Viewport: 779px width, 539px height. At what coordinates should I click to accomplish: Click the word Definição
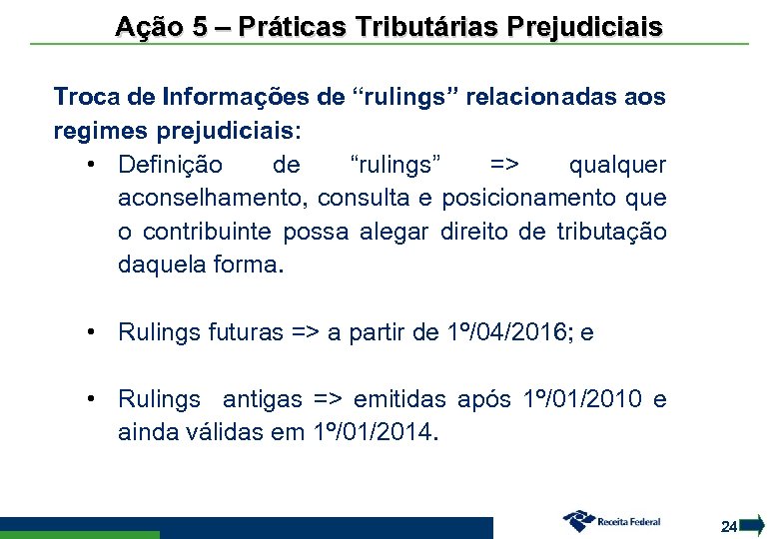point(171,164)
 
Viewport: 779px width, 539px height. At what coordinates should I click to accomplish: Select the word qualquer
point(617,164)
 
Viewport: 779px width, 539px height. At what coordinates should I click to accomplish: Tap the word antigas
point(262,399)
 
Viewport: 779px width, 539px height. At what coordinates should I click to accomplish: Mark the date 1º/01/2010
point(582,399)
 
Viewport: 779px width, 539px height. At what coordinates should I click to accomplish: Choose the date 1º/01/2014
point(374,433)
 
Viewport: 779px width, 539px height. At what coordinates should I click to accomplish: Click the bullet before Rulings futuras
point(91,332)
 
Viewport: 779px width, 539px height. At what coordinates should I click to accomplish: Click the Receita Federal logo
point(611,520)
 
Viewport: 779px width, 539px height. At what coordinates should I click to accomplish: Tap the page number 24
point(729,526)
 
